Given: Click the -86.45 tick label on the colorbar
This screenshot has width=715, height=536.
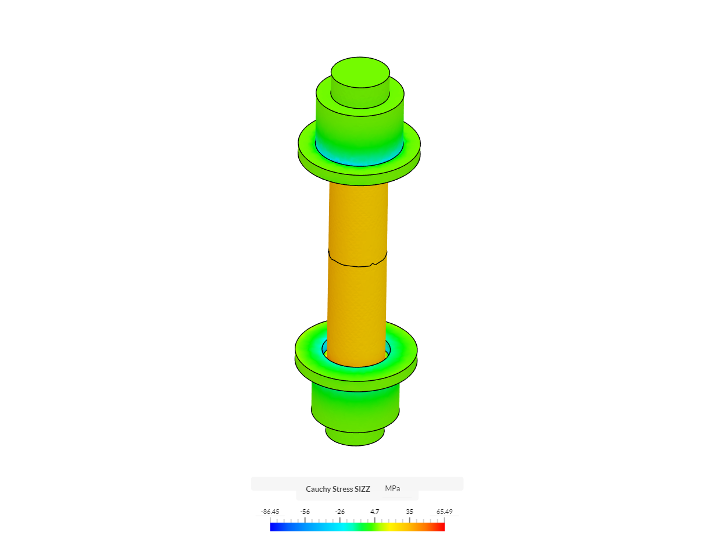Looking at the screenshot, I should pyautogui.click(x=270, y=512).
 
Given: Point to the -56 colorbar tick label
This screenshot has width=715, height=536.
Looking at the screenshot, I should pyautogui.click(x=305, y=512).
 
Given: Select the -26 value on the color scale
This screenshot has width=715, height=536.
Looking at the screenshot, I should pyautogui.click(x=340, y=512).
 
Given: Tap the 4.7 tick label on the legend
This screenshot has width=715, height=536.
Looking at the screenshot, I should pyautogui.click(x=375, y=512).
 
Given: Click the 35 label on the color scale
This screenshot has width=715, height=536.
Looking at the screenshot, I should pyautogui.click(x=410, y=512).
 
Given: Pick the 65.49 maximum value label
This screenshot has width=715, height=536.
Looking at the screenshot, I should pyautogui.click(x=445, y=512).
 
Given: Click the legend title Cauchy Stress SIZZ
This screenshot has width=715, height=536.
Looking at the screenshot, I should pyautogui.click(x=338, y=489).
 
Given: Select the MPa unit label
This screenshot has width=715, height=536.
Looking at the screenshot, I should pyautogui.click(x=392, y=488).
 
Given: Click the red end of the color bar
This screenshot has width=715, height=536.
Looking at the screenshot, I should pyautogui.click(x=440, y=527).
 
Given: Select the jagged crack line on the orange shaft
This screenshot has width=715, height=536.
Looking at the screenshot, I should pyautogui.click(x=357, y=265).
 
